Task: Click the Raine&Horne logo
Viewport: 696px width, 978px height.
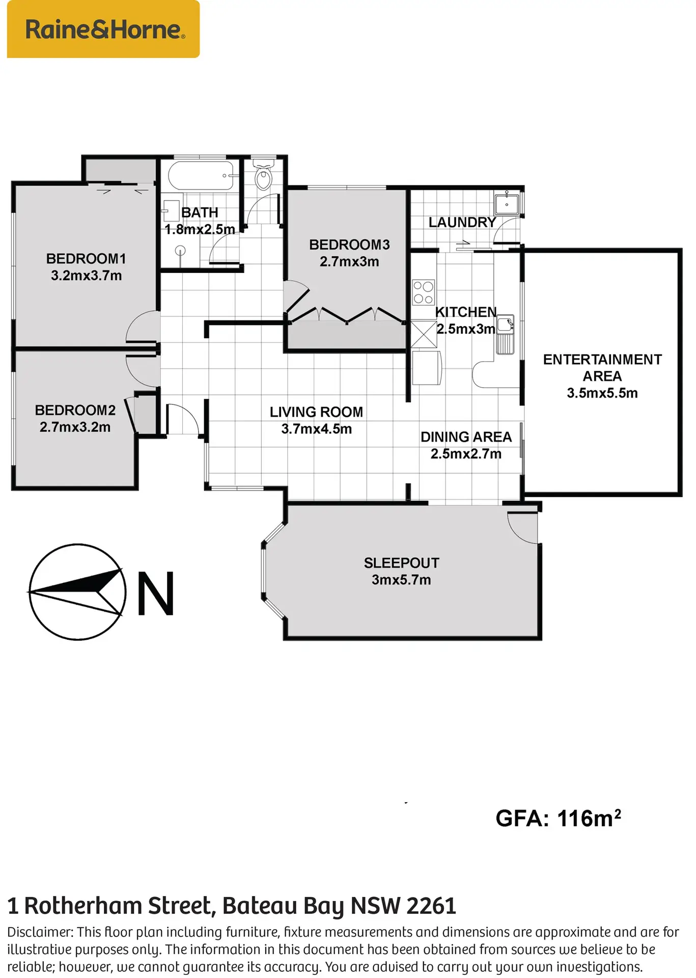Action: [x=103, y=29]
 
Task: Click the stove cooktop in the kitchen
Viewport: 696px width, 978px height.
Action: [x=424, y=292]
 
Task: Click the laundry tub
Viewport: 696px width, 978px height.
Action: [x=507, y=204]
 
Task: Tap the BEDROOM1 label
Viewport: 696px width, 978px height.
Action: [x=86, y=259]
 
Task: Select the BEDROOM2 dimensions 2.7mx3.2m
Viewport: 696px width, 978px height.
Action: [x=75, y=427]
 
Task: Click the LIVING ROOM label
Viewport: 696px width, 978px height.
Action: [x=316, y=412]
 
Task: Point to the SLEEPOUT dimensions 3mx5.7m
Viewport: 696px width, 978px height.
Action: [x=401, y=580]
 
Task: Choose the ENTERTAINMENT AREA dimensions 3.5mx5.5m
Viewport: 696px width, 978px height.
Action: [x=602, y=393]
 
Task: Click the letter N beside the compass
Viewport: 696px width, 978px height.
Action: [x=156, y=593]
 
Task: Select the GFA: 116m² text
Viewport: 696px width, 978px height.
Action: [x=558, y=819]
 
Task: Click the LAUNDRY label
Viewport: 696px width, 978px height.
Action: [x=462, y=223]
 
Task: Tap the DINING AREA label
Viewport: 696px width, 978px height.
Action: [x=466, y=437]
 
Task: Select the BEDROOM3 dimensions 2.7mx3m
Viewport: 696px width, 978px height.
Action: [x=349, y=262]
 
